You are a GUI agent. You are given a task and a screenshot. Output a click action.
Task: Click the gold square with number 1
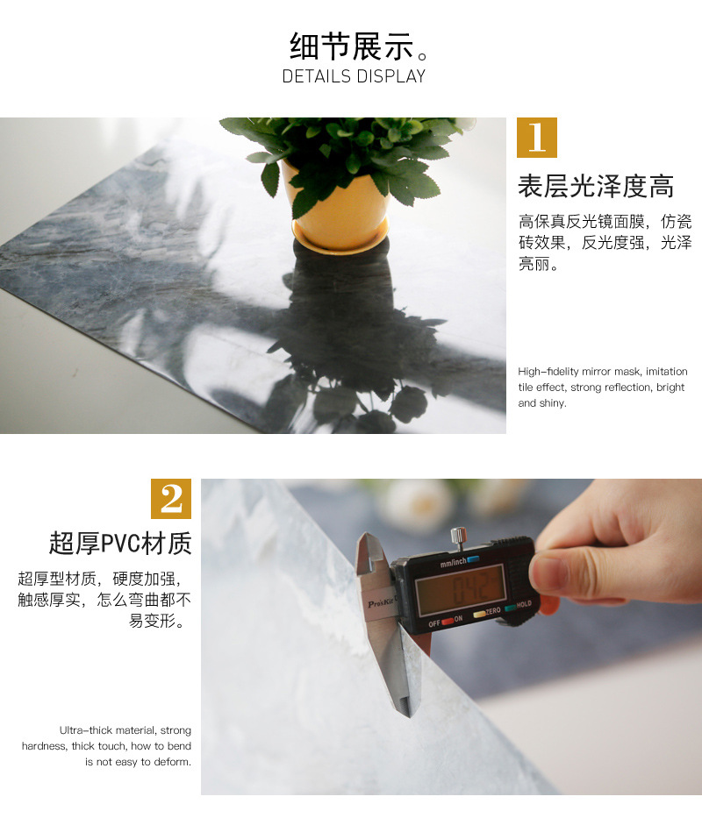pyautogui.click(x=537, y=138)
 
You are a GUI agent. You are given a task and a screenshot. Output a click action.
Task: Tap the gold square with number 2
pyautogui.click(x=171, y=499)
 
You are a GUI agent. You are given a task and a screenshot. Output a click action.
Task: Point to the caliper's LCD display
pyautogui.click(x=460, y=589)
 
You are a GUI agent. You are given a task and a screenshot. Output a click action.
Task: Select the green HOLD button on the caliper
pyautogui.click(x=511, y=608)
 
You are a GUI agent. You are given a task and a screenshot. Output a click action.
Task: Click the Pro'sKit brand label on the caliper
pyautogui.click(x=382, y=602)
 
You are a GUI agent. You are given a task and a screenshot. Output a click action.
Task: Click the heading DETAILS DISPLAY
pyautogui.click(x=355, y=76)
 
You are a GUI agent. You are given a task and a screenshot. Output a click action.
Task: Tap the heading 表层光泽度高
pyautogui.click(x=596, y=186)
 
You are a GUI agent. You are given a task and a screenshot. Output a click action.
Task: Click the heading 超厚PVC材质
pyautogui.click(x=120, y=543)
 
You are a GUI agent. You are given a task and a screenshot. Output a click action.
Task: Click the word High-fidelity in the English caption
pyautogui.click(x=548, y=372)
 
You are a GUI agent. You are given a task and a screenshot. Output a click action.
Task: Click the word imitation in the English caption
pyautogui.click(x=667, y=372)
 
